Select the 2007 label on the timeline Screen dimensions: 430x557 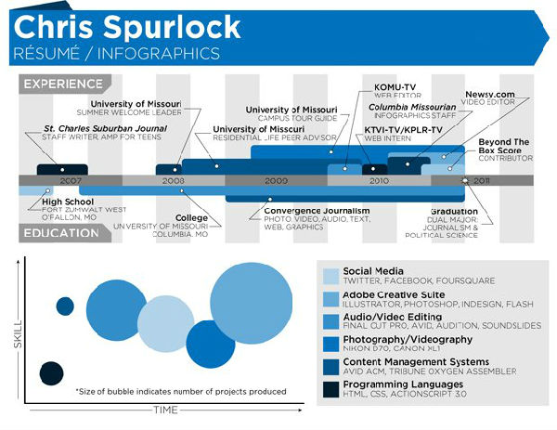[x=71, y=180]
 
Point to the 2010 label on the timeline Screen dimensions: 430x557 [x=379, y=180]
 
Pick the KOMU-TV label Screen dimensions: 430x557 [x=395, y=87]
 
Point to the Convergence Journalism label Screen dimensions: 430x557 [x=310, y=210]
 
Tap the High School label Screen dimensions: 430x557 [x=67, y=202]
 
